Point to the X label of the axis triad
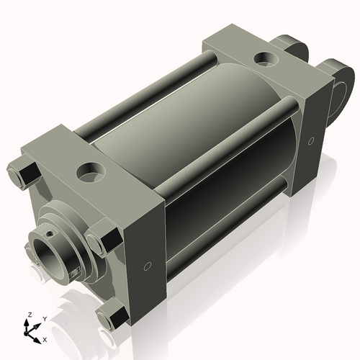(x=45, y=338)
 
